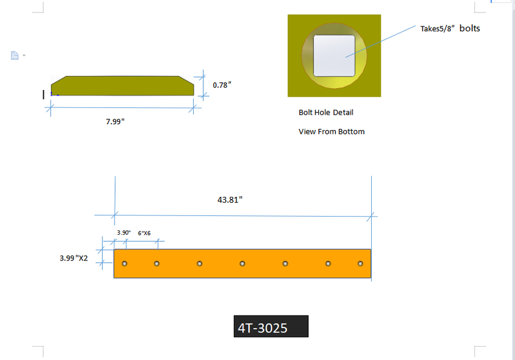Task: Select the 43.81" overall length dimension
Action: [230, 200]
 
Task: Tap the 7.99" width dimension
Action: [115, 122]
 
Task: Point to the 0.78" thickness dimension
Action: [222, 85]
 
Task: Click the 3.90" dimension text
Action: [123, 233]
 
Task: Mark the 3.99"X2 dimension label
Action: [74, 258]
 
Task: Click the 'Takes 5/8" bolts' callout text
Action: [450, 28]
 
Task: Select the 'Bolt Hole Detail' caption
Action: [326, 112]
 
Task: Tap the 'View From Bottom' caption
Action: [331, 131]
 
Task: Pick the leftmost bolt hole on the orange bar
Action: [125, 263]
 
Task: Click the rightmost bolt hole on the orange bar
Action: [360, 263]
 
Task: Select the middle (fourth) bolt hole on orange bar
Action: [242, 263]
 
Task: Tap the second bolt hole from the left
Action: [156, 263]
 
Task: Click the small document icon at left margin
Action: [15, 56]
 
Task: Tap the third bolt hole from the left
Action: [200, 263]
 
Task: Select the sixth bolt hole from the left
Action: [329, 263]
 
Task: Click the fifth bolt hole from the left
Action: [285, 263]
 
